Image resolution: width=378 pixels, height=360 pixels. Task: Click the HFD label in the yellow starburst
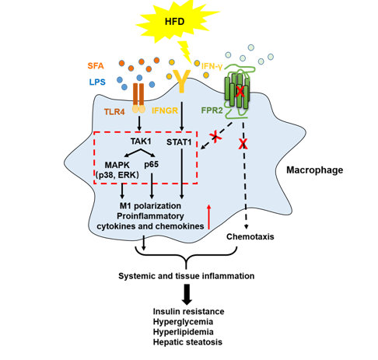pyautogui.click(x=174, y=21)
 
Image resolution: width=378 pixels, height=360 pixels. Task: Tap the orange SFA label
pyautogui.click(x=96, y=66)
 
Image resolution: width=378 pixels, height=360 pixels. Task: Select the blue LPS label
pyautogui.click(x=97, y=82)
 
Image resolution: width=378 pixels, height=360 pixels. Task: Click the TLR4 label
pyautogui.click(x=114, y=112)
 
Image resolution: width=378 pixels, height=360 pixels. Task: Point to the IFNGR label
pyautogui.click(x=165, y=110)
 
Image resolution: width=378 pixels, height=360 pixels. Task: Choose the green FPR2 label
pyautogui.click(x=212, y=110)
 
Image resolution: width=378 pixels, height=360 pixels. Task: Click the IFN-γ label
pyautogui.click(x=212, y=66)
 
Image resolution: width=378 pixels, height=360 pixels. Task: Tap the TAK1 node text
pyautogui.click(x=141, y=142)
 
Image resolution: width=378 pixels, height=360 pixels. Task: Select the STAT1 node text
pyautogui.click(x=179, y=142)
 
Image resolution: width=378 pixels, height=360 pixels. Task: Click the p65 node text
pyautogui.click(x=151, y=164)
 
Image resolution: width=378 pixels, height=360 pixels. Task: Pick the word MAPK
pyautogui.click(x=117, y=165)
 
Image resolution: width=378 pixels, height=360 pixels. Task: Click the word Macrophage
pyautogui.click(x=314, y=170)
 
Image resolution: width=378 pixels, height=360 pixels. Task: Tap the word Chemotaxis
pyautogui.click(x=250, y=236)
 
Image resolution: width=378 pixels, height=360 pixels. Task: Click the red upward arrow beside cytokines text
pyautogui.click(x=208, y=217)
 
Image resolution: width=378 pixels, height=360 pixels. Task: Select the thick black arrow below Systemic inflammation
pyautogui.click(x=187, y=295)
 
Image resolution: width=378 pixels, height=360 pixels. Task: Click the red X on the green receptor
pyautogui.click(x=240, y=92)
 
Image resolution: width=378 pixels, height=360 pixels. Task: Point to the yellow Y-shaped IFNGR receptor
pyautogui.click(x=182, y=81)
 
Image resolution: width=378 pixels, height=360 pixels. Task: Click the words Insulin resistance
pyautogui.click(x=188, y=311)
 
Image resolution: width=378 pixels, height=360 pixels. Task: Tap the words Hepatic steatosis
pyautogui.click(x=187, y=342)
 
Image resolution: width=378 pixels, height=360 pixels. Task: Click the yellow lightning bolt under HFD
pyautogui.click(x=185, y=52)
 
